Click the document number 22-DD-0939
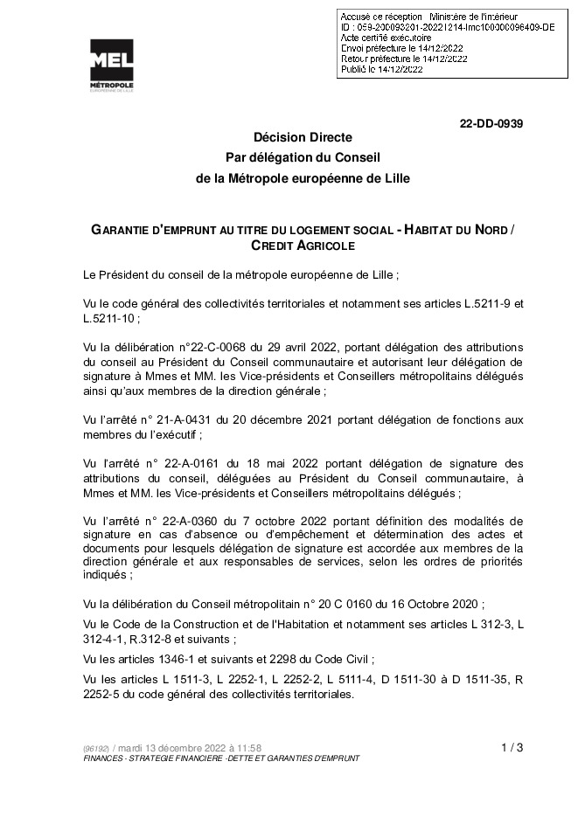coord(491,124)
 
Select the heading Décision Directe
coord(303,139)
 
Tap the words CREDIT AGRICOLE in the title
coord(303,246)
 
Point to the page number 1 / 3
coord(512,747)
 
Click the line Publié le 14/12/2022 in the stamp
coord(381,68)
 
